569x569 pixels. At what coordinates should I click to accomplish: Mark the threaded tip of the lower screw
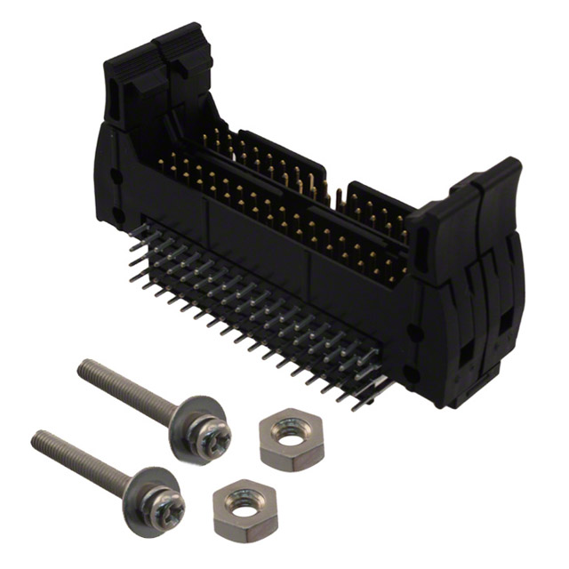[36, 437]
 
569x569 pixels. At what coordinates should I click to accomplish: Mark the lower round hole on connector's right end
[411, 372]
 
